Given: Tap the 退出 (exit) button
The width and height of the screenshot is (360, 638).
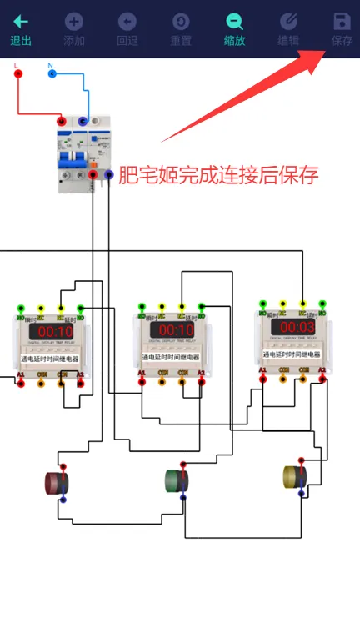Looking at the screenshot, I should (21, 29).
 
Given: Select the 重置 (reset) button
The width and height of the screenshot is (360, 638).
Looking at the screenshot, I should (180, 29).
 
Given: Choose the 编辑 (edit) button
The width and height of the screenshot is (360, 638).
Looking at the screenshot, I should (288, 29).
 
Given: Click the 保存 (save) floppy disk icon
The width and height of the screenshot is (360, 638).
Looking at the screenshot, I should (342, 23).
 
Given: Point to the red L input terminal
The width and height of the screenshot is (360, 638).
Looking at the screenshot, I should (18, 73).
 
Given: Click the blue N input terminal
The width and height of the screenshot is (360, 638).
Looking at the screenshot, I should (52, 73).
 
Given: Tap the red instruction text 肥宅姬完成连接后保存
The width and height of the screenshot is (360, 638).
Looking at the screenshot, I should (218, 176).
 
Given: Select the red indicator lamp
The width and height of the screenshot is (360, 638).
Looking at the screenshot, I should (57, 482).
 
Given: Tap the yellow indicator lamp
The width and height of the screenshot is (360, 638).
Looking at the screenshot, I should (295, 475).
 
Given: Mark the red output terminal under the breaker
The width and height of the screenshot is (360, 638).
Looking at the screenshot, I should (93, 174).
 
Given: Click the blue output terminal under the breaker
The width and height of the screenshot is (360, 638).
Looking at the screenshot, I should (109, 174).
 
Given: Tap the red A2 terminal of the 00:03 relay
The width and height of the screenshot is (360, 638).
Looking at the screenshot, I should (322, 379).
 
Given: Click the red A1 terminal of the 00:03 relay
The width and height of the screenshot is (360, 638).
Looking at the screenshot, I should (262, 379).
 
